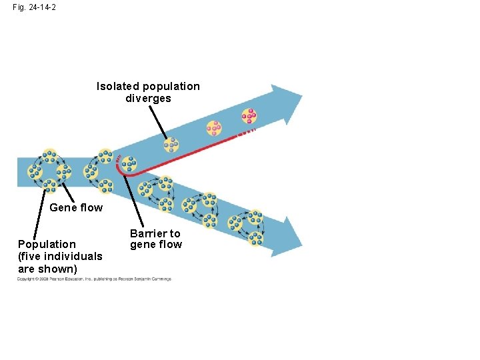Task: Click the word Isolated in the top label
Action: click(117, 86)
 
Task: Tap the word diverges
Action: click(148, 99)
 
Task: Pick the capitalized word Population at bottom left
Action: click(47, 244)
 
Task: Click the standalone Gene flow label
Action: click(76, 207)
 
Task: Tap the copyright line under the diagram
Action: click(94, 279)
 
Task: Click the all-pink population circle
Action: click(249, 116)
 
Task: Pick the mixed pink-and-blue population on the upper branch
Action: click(213, 127)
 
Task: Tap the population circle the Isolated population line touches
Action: click(171, 145)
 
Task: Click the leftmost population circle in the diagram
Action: click(35, 171)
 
